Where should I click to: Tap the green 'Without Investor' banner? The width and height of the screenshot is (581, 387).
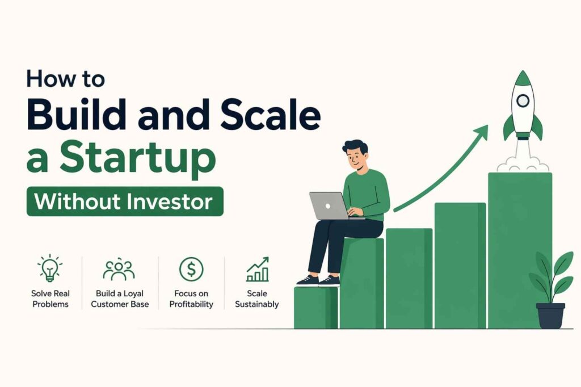tap(125, 201)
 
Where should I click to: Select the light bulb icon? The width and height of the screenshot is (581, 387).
tap(50, 268)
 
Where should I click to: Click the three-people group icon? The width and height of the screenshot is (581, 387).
tap(119, 270)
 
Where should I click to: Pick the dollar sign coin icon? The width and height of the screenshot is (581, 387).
tap(191, 269)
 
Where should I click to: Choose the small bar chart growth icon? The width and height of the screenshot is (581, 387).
tap(258, 270)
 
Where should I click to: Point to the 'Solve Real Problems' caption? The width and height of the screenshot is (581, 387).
tap(50, 299)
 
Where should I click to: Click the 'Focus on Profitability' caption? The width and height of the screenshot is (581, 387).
tap(191, 299)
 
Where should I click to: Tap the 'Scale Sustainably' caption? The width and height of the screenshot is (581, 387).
tap(257, 299)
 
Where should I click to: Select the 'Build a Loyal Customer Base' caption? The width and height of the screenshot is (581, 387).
tap(120, 299)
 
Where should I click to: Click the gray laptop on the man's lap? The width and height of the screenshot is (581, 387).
tap(328, 205)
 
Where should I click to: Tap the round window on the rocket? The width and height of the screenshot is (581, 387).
tap(523, 101)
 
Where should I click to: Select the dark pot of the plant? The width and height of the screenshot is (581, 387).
tap(550, 316)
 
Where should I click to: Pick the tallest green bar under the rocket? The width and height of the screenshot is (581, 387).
tap(519, 250)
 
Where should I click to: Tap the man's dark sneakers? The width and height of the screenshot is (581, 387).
tap(318, 281)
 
